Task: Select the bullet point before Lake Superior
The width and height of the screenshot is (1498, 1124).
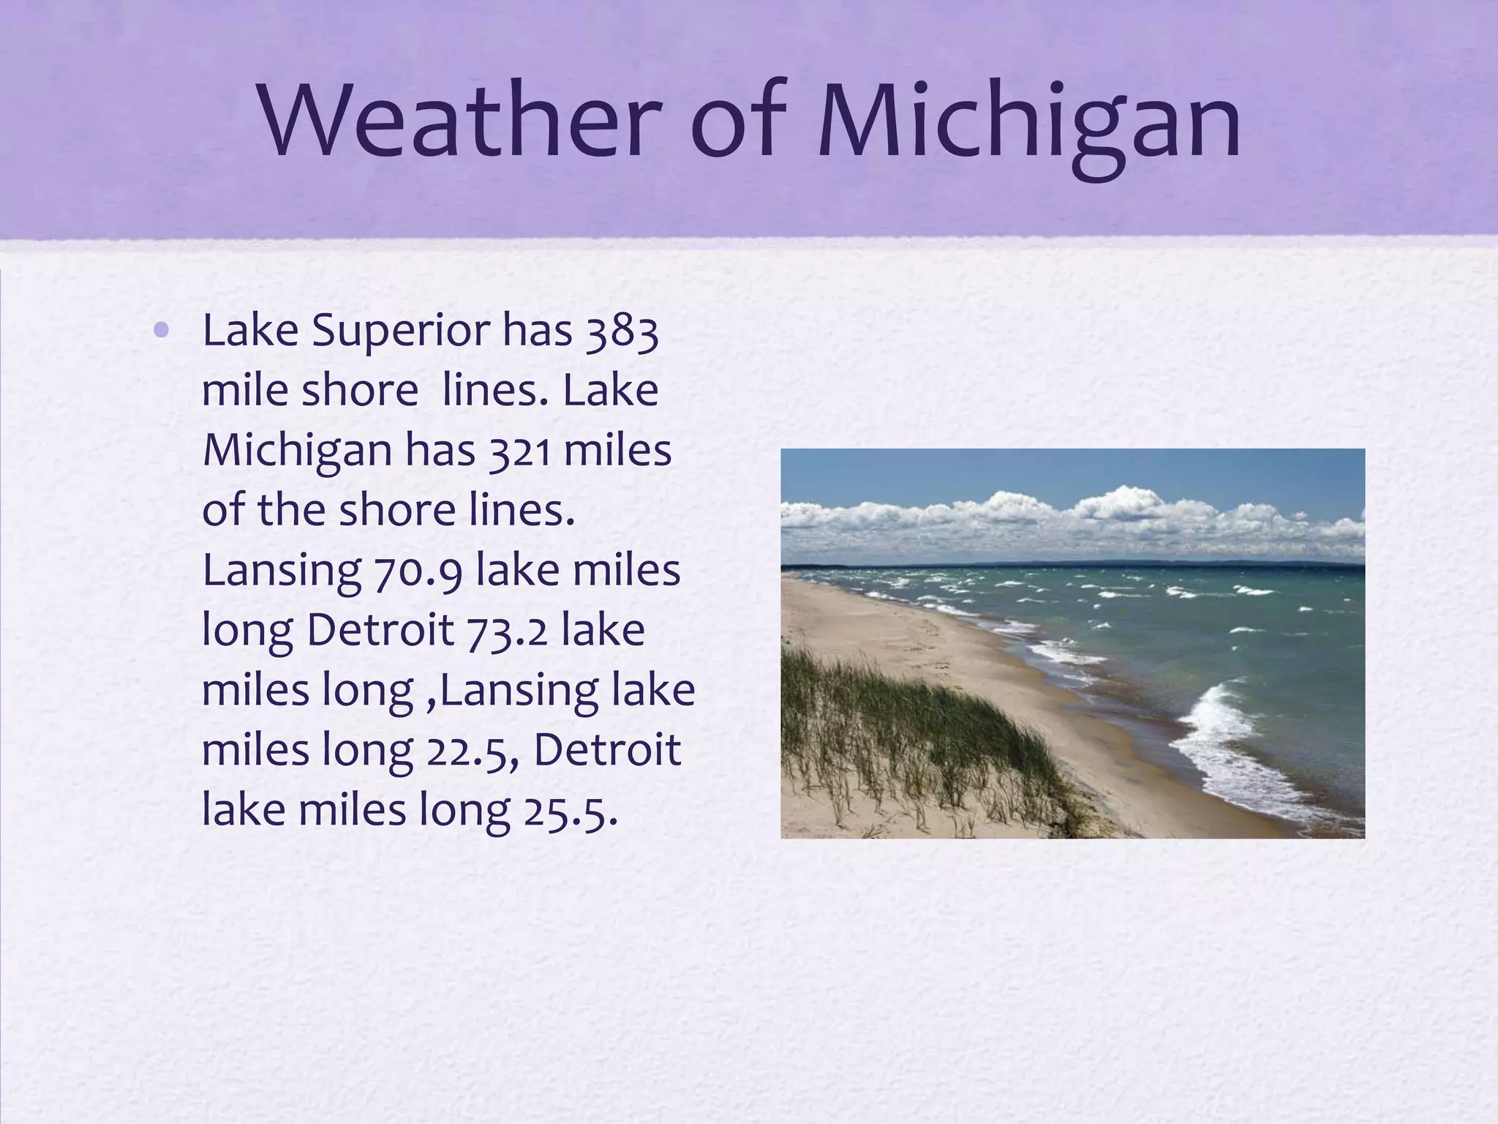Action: (162, 331)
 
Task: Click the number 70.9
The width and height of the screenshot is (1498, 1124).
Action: (418, 572)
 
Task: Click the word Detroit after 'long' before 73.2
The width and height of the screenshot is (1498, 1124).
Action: (380, 630)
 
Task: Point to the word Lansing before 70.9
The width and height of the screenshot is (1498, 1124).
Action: (282, 572)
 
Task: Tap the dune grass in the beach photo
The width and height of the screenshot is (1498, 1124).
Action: (914, 732)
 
